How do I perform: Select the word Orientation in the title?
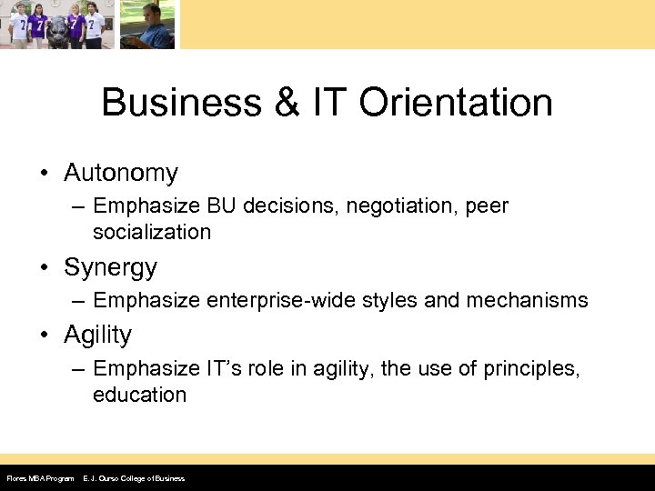[456, 103]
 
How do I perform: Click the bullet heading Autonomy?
[121, 172]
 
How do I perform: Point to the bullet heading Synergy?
[110, 268]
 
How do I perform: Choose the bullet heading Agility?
[98, 336]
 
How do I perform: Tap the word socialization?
[151, 232]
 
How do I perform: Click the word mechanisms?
[531, 300]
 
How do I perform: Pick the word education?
[139, 395]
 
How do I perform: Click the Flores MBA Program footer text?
[40, 478]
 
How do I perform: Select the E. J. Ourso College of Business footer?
[133, 478]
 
